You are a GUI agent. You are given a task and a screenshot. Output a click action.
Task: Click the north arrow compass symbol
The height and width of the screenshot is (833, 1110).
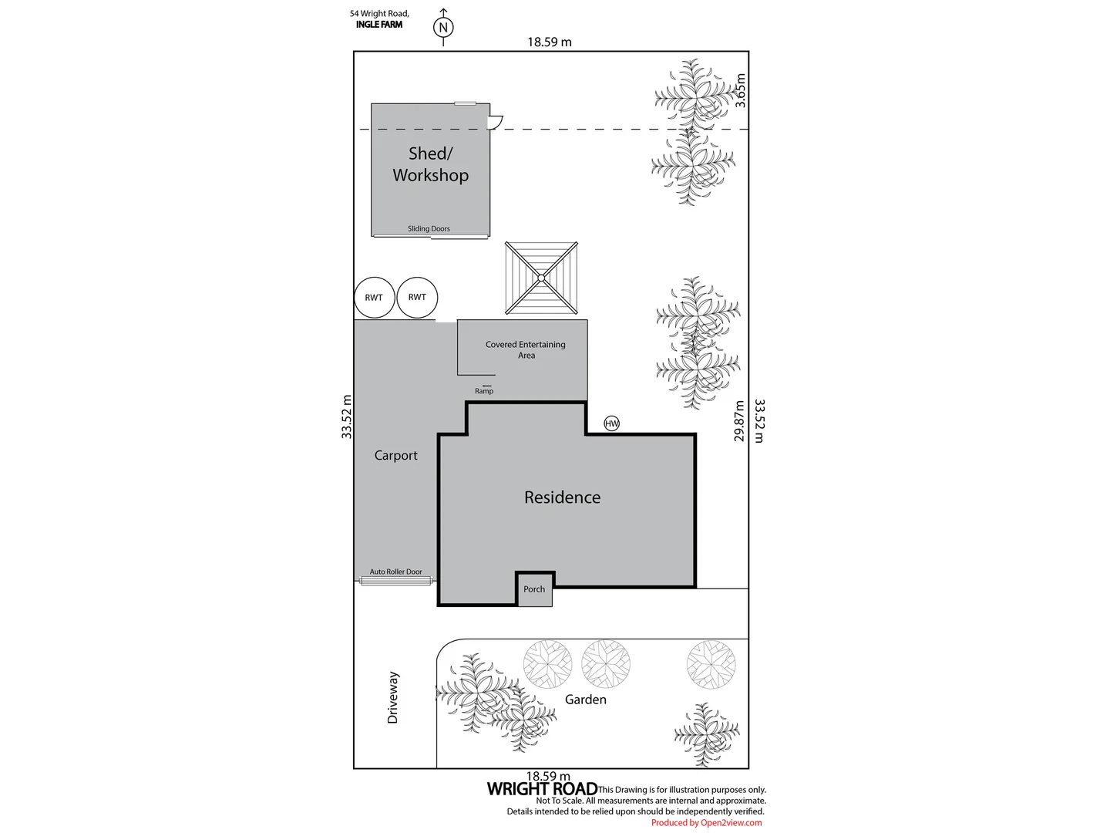tap(443, 27)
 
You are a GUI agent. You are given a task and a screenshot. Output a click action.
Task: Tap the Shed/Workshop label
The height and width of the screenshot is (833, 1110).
tap(430, 164)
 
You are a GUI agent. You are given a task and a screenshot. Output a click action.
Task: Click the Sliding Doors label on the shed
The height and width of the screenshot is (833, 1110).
tap(429, 228)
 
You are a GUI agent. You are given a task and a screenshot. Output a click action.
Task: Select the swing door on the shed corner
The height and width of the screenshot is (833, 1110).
tap(496, 122)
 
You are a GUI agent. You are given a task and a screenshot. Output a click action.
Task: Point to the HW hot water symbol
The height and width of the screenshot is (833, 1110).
tap(611, 423)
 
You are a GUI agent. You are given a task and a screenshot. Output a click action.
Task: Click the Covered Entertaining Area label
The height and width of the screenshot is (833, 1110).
tap(526, 349)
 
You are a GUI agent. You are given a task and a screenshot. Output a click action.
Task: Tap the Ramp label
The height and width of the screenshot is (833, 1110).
tap(484, 391)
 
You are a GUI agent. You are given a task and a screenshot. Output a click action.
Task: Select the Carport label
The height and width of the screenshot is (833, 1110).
tap(396, 455)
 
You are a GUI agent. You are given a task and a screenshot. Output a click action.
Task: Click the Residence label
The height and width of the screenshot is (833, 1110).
tap(563, 497)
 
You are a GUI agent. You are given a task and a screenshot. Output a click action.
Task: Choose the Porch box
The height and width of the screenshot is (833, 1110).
tap(534, 588)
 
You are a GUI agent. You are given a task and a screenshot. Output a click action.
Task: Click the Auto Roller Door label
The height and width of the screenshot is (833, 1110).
tap(395, 572)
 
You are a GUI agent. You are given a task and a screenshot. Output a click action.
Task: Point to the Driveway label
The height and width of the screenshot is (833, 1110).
tap(393, 697)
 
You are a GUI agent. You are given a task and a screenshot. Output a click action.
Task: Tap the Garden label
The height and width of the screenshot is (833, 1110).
tap(586, 700)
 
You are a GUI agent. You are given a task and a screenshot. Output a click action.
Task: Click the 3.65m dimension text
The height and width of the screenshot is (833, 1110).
tap(740, 90)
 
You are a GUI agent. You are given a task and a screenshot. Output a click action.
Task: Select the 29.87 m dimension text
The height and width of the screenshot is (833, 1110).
tap(738, 421)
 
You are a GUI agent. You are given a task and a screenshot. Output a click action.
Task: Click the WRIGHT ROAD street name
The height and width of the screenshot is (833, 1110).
tap(542, 788)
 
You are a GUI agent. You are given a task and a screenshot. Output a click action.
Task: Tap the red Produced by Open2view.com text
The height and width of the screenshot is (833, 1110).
tap(706, 822)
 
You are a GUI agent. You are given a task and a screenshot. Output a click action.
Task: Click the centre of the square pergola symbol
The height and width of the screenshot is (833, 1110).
tap(541, 278)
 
